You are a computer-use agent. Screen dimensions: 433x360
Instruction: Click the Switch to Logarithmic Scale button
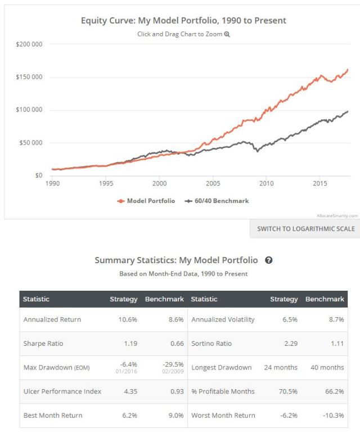point(305,228)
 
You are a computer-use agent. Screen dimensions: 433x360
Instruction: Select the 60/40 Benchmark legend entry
point(217,201)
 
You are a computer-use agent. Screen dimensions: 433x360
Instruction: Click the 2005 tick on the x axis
point(213,183)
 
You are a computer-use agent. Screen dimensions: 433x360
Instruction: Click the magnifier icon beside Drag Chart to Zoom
point(227,34)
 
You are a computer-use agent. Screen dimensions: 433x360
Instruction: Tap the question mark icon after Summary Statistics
point(269,260)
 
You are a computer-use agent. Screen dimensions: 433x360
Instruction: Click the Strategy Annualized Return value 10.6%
point(129,319)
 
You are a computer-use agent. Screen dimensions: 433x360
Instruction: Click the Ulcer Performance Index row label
point(62,391)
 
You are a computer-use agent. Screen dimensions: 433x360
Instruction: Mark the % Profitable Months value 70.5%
point(289,391)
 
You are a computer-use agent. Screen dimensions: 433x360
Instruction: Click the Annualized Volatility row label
point(223,319)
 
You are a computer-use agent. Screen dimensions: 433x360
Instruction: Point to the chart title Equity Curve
point(183,20)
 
